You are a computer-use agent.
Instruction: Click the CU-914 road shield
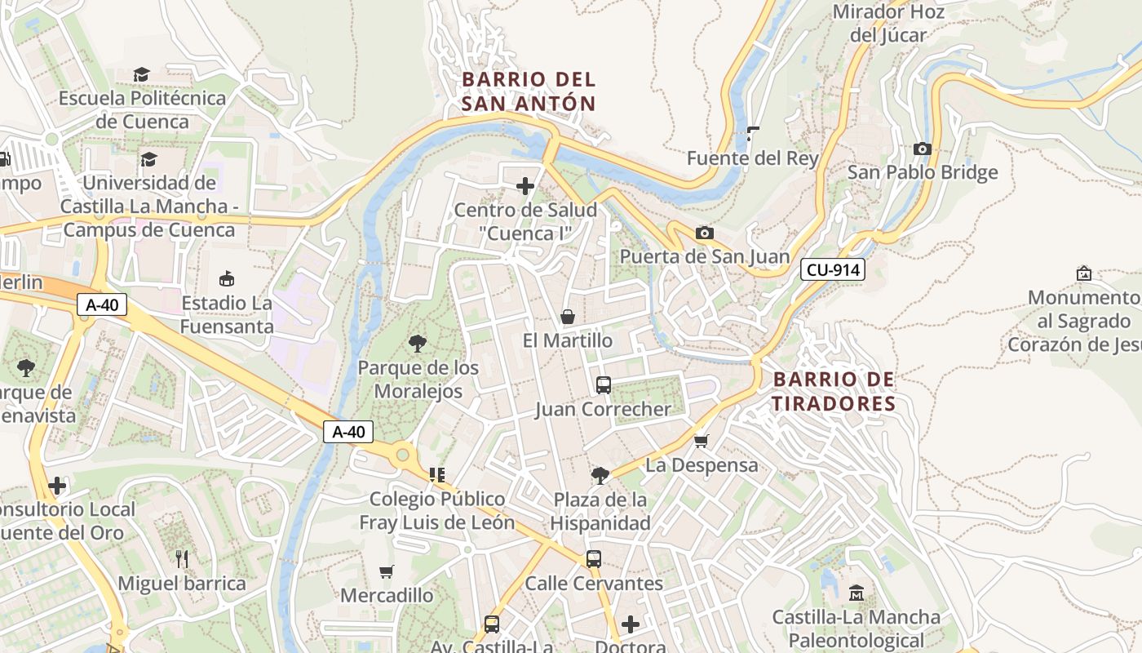pyautogui.click(x=832, y=269)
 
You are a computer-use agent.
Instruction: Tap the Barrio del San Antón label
pyautogui.click(x=529, y=91)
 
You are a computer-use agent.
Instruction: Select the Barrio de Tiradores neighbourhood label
pyautogui.click(x=834, y=391)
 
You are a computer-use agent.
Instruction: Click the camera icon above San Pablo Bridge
pyautogui.click(x=923, y=149)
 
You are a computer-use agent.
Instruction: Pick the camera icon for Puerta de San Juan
pyautogui.click(x=705, y=233)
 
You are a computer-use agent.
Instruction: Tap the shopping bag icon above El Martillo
pyautogui.click(x=568, y=317)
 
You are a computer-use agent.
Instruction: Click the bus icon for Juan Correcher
pyautogui.click(x=604, y=385)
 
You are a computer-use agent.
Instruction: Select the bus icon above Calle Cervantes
pyautogui.click(x=594, y=559)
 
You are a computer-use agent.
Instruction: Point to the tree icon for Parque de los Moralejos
pyautogui.click(x=418, y=344)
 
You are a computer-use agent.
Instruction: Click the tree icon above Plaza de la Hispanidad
pyautogui.click(x=600, y=475)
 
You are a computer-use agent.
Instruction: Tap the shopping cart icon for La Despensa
pyautogui.click(x=701, y=442)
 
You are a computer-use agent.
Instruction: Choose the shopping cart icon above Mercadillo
pyautogui.click(x=387, y=571)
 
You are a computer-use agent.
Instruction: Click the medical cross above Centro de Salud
pyautogui.click(x=526, y=186)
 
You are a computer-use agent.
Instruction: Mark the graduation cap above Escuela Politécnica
pyautogui.click(x=142, y=75)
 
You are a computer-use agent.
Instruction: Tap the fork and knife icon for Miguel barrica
pyautogui.click(x=182, y=559)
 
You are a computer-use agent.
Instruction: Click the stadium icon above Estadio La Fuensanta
pyautogui.click(x=227, y=279)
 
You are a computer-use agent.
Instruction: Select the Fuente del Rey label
pyautogui.click(x=752, y=158)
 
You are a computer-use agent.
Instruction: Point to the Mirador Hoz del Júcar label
pyautogui.click(x=888, y=23)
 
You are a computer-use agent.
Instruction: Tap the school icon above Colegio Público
pyautogui.click(x=437, y=474)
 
